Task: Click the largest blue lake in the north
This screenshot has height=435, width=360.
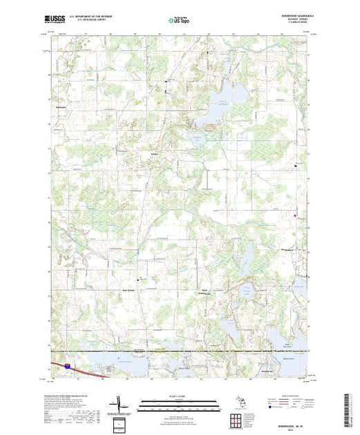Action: [227, 94]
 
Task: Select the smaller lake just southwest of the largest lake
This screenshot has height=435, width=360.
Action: [205, 122]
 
